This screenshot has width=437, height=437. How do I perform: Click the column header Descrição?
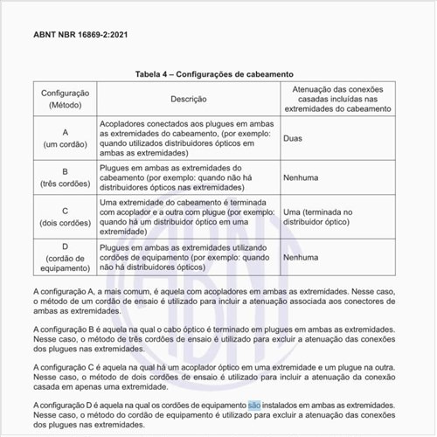(x=188, y=100)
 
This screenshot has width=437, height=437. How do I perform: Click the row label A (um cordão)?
(x=65, y=138)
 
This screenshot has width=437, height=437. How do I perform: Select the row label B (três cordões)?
(x=65, y=177)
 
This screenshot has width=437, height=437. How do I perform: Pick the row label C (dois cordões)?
(x=65, y=217)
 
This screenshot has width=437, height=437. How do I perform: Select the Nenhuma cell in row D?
(x=302, y=259)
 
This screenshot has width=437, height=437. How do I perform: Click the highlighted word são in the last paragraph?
(x=254, y=406)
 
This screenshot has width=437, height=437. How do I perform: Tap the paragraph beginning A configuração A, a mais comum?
(x=218, y=300)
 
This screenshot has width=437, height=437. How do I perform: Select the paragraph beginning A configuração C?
(x=218, y=375)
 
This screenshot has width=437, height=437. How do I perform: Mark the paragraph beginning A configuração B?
(x=218, y=337)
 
